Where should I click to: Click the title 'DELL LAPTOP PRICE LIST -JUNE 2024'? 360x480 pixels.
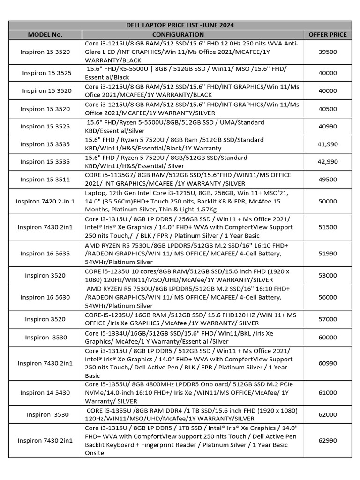click(180, 25)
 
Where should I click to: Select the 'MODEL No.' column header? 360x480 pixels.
click(45, 34)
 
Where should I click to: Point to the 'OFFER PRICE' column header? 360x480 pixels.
click(328, 34)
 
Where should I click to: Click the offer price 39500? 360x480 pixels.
click(328, 52)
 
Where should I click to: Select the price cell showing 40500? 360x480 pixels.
click(328, 109)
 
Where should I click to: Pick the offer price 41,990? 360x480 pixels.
click(328, 144)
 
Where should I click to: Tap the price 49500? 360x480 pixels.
click(328, 179)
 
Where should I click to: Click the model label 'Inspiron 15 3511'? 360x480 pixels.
click(45, 179)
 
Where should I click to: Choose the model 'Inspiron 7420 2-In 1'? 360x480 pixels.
click(45, 201)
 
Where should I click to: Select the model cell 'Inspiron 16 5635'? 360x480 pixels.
click(45, 254)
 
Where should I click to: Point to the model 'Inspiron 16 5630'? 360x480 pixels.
click(45, 297)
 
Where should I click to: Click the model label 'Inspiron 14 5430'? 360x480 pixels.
click(45, 393)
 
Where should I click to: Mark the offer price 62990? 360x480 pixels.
click(328, 440)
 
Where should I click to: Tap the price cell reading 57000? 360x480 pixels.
click(328, 319)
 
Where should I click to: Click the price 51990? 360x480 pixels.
click(328, 254)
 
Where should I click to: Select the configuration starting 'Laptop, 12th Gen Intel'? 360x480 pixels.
click(192, 201)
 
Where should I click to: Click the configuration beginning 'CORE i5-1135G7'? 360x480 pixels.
click(192, 179)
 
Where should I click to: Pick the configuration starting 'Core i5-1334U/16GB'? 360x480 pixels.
click(192, 337)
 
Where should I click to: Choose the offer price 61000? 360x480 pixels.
click(328, 393)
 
